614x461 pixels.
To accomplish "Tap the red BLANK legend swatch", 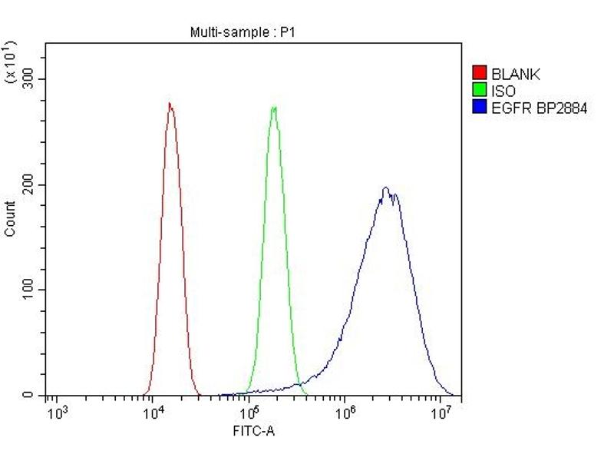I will pos(480,75).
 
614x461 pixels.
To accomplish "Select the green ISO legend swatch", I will pos(480,91).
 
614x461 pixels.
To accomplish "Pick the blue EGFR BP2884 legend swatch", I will pos(480,108).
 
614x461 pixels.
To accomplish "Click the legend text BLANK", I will pos(516,75).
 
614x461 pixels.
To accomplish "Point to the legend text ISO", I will pos(503,91).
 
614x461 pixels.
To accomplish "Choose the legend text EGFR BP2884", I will pos(539,108).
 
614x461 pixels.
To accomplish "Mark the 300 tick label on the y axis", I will pos(28,79).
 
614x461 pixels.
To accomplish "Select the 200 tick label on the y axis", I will pos(28,184).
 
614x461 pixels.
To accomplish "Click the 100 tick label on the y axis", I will pos(28,290).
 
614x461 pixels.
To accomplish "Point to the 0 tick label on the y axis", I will pos(28,395).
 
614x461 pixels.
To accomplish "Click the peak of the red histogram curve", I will pos(170,104).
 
